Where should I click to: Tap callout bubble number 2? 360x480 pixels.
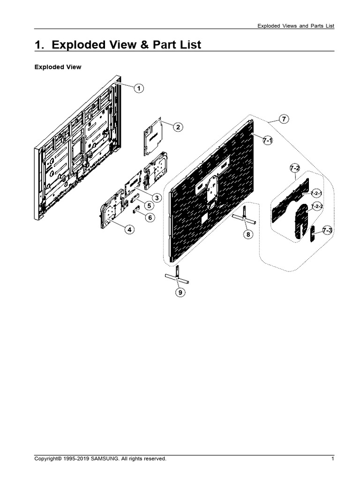[178, 127]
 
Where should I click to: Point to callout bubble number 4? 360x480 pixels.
[128, 229]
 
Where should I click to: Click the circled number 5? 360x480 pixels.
[148, 206]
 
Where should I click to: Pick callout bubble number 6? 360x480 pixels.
[149, 217]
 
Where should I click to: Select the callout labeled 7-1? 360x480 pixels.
[268, 140]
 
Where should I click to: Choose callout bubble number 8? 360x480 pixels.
[248, 234]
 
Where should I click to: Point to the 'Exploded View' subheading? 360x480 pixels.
[58, 67]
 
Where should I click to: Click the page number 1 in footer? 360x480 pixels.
[332, 459]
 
